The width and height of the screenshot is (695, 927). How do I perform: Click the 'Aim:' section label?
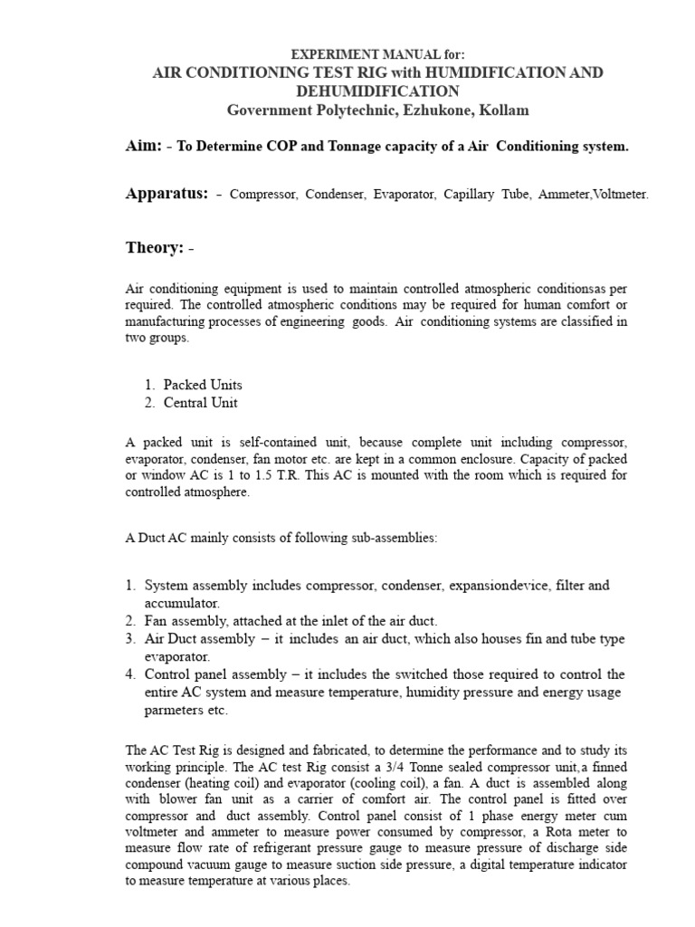[x=142, y=146]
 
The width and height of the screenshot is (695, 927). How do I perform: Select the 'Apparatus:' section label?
[x=167, y=194]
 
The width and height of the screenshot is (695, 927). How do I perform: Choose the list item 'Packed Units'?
[x=203, y=385]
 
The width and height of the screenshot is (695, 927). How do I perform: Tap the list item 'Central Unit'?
[x=201, y=403]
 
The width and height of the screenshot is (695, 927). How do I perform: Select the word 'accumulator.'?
[x=182, y=602]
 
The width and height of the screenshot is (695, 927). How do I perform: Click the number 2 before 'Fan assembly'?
[x=130, y=621]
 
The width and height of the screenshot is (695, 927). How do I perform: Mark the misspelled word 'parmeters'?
[x=176, y=711]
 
